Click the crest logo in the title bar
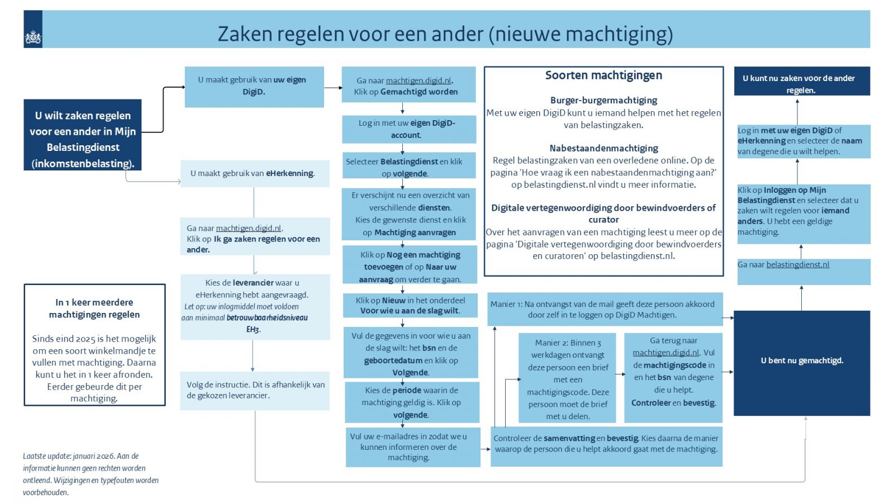click(33, 37)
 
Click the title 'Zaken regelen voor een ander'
click(445, 34)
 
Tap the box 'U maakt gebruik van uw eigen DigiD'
click(254, 86)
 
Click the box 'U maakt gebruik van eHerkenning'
click(254, 173)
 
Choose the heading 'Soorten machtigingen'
click(603, 75)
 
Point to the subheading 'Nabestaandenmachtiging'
click(603, 148)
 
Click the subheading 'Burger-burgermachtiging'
click(603, 100)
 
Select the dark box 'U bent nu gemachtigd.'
click(801, 361)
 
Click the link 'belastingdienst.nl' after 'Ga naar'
click(797, 265)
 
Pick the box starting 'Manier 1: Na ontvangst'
click(605, 309)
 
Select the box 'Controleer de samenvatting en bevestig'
click(606, 444)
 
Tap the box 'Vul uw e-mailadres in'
click(412, 447)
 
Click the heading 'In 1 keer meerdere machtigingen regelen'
click(94, 309)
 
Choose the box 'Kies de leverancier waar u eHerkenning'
click(254, 306)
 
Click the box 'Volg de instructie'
click(255, 390)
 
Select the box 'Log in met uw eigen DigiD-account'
click(408, 129)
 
